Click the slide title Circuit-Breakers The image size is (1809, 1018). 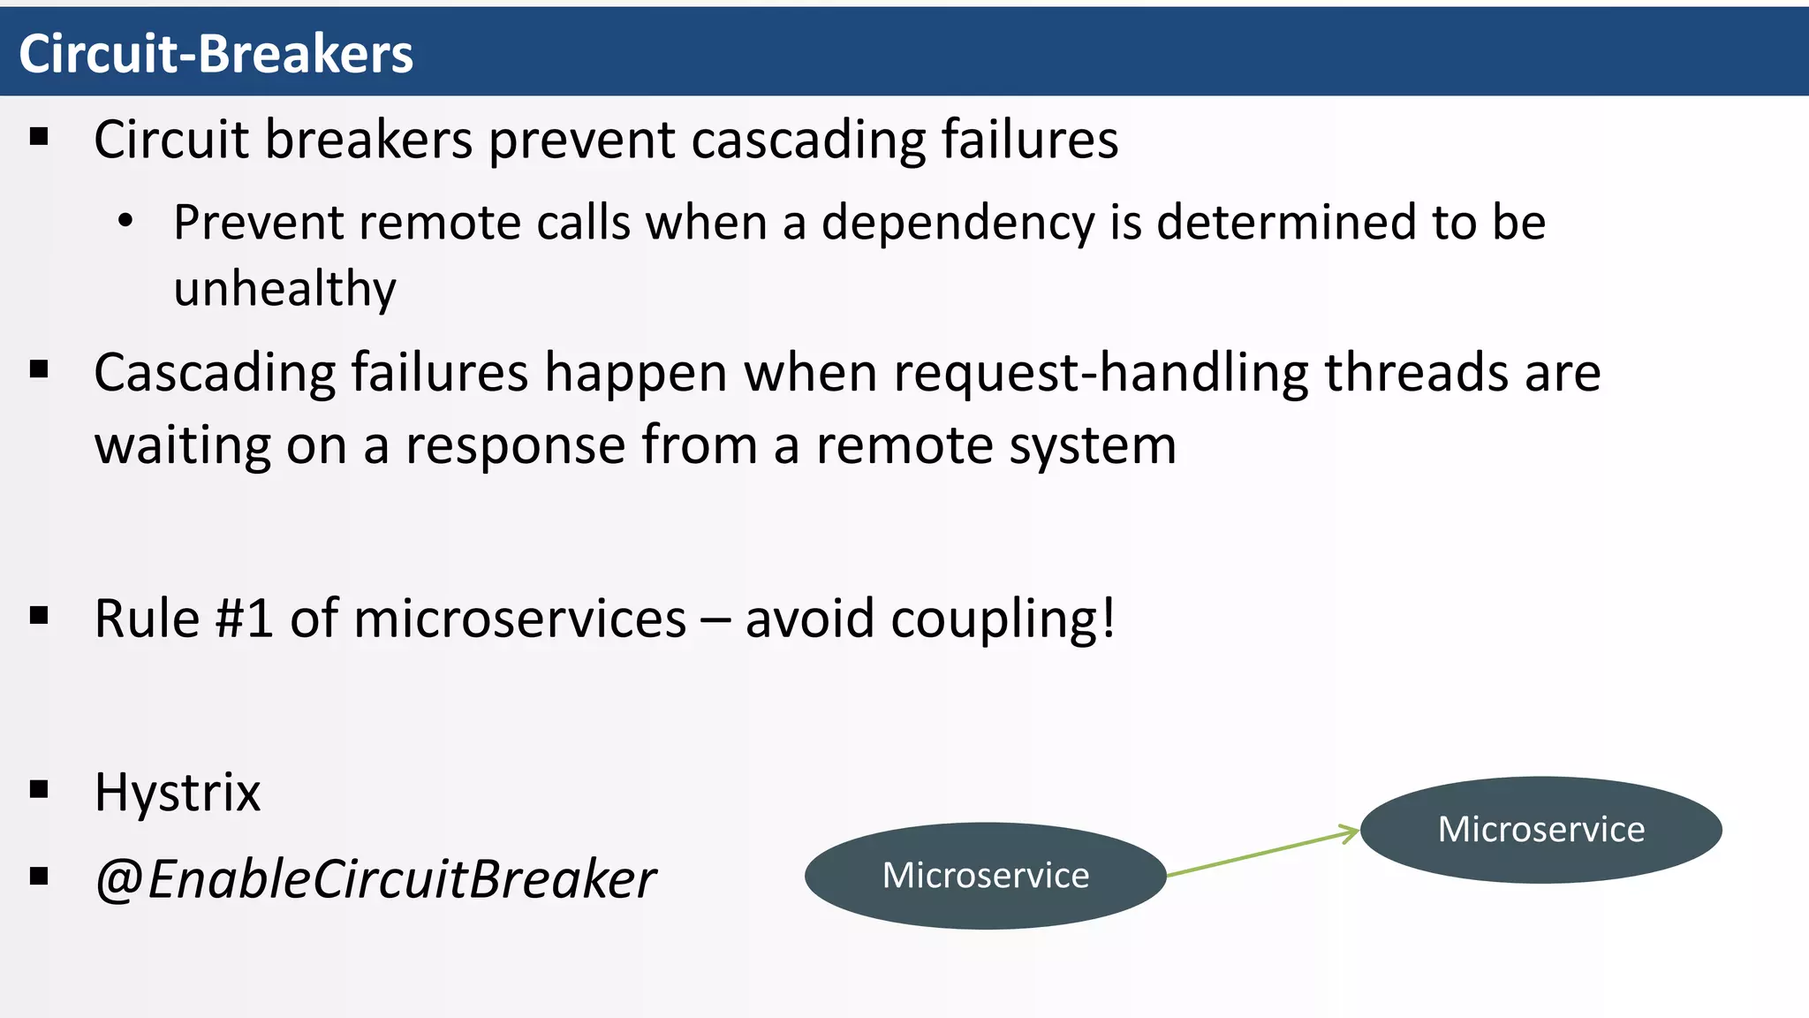216,54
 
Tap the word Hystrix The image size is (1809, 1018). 178,792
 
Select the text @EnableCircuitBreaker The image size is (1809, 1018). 375,879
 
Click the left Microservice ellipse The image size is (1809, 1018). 985,876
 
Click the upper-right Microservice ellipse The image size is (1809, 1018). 1540,830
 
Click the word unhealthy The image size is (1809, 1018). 284,289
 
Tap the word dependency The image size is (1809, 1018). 957,222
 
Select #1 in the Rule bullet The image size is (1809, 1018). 245,618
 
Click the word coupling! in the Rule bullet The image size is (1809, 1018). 1003,618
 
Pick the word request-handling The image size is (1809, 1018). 1101,372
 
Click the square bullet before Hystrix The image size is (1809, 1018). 39,789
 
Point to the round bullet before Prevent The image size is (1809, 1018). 125,221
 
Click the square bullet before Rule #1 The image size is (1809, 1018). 39,615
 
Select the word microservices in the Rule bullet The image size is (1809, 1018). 519,618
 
